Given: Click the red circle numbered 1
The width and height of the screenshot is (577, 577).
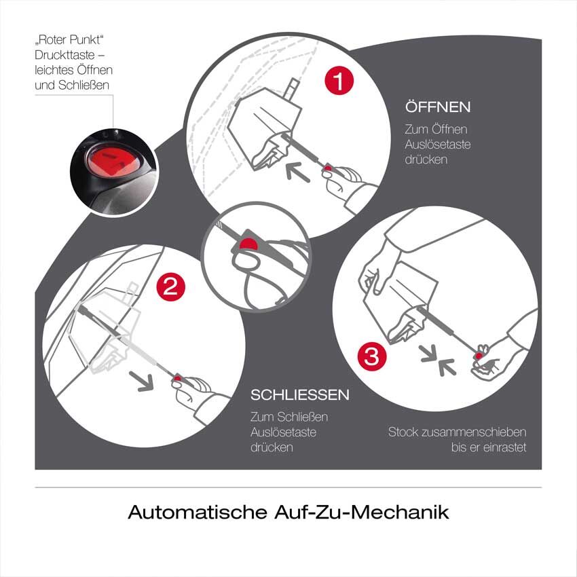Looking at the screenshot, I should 339,82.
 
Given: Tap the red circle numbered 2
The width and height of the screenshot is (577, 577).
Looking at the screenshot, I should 170,286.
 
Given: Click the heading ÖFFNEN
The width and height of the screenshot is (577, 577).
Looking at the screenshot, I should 438,108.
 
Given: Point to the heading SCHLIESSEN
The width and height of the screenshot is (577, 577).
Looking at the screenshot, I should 299,395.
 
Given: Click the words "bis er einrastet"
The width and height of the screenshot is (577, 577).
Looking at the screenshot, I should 489,447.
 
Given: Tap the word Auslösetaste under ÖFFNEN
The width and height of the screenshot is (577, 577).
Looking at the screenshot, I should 437,144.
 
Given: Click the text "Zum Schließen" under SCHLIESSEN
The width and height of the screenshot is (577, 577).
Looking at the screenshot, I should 288,417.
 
